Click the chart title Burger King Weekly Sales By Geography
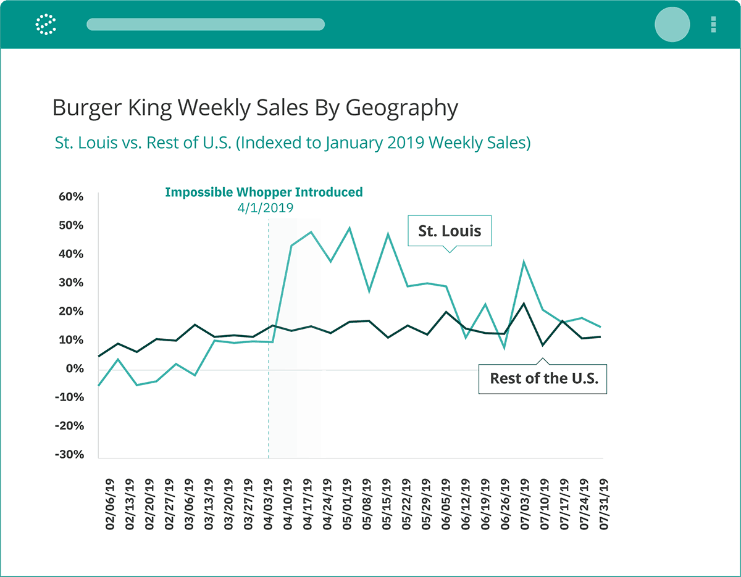click(255, 108)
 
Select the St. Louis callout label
click(449, 231)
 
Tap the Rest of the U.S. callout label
click(543, 378)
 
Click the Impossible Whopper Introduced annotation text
click(264, 192)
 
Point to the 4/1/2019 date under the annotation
click(266, 208)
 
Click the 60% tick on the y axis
click(70, 197)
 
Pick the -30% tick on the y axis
click(69, 455)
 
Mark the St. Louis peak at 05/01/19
click(350, 228)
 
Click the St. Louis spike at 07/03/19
click(524, 262)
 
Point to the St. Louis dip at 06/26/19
click(504, 348)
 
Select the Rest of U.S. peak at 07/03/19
click(524, 304)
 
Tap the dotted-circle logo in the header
click(46, 24)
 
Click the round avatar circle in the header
click(672, 24)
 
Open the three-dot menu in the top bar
click(713, 24)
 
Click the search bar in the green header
click(206, 24)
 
